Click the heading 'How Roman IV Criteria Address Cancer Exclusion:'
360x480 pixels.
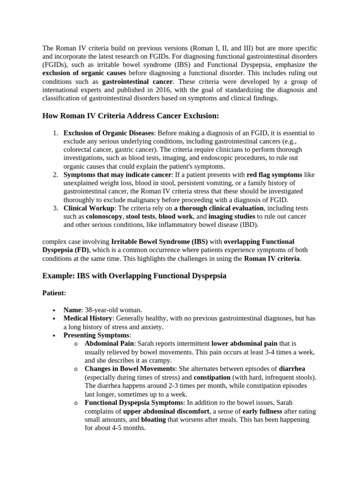point(130,116)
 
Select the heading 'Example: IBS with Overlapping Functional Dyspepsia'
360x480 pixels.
point(134,276)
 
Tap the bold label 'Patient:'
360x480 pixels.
point(54,293)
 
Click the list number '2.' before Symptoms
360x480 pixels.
point(55,175)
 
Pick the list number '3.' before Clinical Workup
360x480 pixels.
point(55,208)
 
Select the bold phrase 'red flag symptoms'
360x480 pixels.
point(274,175)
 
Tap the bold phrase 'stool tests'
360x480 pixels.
point(141,217)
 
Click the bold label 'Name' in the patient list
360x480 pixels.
point(72,310)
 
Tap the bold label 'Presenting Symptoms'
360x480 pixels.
point(96,335)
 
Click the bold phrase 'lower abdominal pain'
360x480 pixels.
point(244,344)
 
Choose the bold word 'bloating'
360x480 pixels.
point(154,420)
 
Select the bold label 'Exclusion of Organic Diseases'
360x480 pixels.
point(108,133)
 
